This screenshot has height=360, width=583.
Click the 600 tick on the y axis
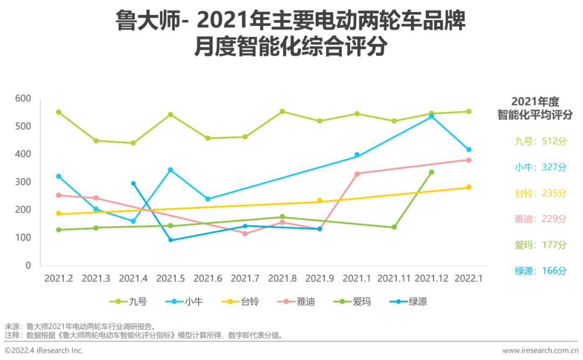[24, 99]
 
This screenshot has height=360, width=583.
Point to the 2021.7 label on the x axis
[245, 279]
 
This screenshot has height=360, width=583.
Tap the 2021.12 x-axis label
[432, 279]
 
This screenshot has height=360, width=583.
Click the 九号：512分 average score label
[540, 141]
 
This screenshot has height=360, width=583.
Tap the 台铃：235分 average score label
[540, 193]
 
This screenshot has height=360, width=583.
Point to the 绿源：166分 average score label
[540, 271]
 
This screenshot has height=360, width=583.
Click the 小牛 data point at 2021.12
[431, 116]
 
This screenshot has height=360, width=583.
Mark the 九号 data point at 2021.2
[58, 112]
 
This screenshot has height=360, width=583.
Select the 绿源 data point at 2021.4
[133, 184]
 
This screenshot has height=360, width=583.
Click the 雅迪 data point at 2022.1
[469, 160]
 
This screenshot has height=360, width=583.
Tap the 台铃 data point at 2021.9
[320, 201]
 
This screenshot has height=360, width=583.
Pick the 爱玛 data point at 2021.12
[431, 172]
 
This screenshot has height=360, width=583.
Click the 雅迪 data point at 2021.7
[245, 233]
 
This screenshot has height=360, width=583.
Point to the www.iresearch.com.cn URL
[540, 351]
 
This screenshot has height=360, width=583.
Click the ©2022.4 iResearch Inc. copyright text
[44, 351]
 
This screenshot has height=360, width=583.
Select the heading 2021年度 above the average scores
[534, 101]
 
